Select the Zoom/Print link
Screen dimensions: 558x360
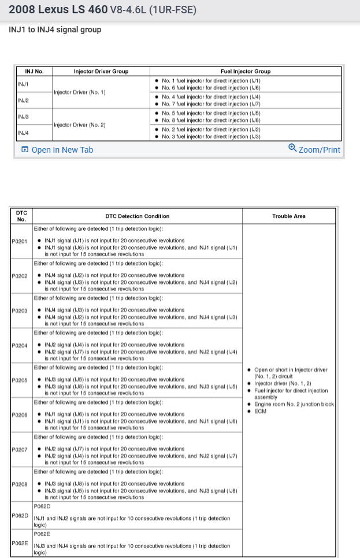coord(314,149)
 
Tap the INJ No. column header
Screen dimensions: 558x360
coord(34,72)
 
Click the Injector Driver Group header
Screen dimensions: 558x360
coord(101,72)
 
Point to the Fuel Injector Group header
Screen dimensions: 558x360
coord(246,72)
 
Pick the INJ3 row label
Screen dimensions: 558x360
coord(23,117)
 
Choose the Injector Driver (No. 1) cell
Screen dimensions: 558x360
coord(80,92)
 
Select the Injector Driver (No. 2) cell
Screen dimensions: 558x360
coord(80,125)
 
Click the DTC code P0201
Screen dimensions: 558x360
coord(20,241)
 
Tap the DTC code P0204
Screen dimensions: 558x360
coord(20,345)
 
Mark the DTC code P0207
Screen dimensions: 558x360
coord(20,449)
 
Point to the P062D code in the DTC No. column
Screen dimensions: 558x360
coord(20,515)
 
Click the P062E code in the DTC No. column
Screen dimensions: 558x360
coord(20,543)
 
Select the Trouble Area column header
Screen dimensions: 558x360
coord(289,216)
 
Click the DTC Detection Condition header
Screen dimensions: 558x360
coord(138,216)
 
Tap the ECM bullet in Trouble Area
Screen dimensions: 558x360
coord(261,411)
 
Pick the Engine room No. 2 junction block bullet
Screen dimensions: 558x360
coord(294,404)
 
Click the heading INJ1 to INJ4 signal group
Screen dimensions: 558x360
coord(55,29)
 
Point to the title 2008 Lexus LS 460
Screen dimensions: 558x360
coord(58,10)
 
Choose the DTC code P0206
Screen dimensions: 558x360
coord(20,415)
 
